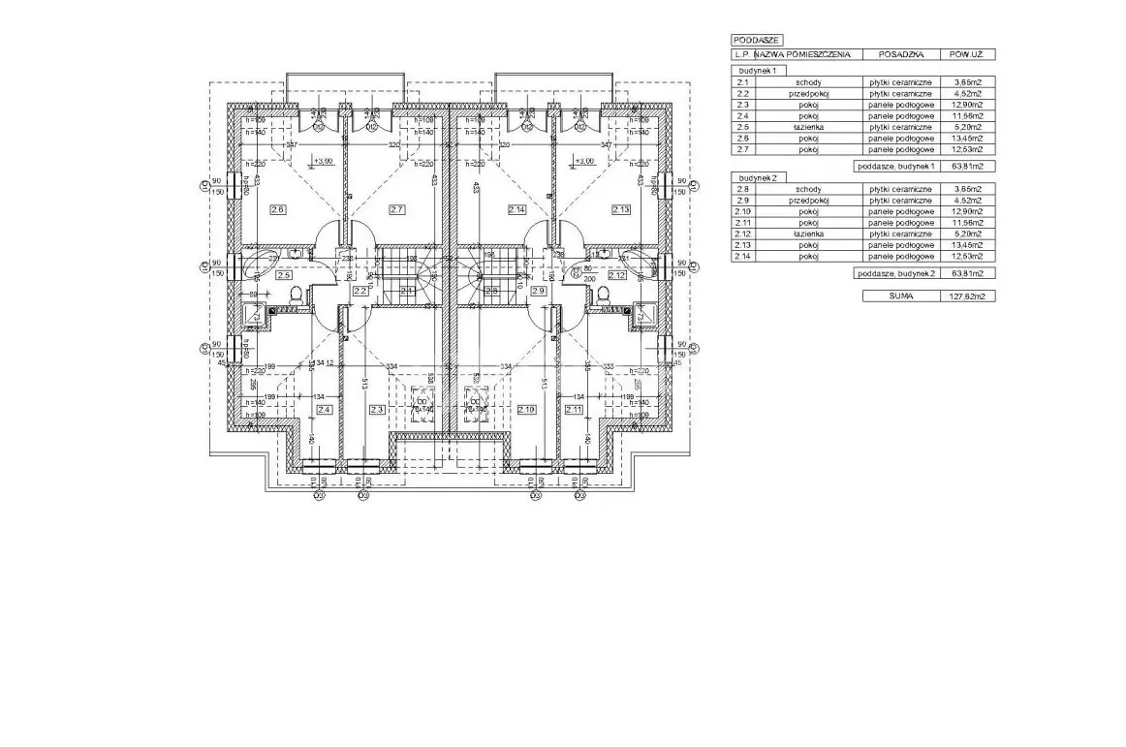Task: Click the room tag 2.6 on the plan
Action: point(279,209)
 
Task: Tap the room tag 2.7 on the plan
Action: point(396,209)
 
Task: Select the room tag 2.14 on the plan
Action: point(516,209)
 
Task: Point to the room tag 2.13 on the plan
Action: point(621,209)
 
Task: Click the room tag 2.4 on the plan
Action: point(325,410)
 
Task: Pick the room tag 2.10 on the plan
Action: point(527,410)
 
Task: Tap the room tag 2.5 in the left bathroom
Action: point(284,275)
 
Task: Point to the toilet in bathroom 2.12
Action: point(604,295)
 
